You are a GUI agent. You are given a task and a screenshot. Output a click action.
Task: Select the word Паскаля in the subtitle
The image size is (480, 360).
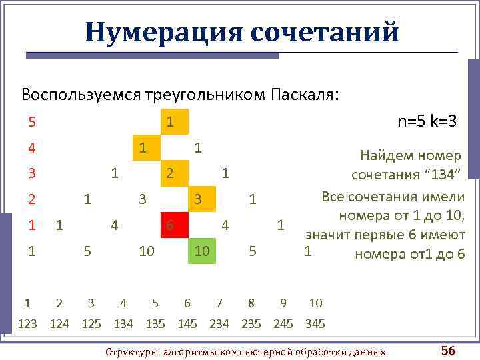[305, 94]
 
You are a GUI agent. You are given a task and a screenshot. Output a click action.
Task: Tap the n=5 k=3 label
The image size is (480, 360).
[426, 121]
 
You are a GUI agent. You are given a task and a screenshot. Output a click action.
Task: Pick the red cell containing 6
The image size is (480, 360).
[172, 225]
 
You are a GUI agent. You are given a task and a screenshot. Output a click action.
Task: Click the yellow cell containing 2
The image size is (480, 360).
[171, 173]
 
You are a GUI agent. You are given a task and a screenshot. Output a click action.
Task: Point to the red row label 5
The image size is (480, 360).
[31, 122]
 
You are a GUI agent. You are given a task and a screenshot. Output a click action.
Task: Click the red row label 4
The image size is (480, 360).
[31, 146]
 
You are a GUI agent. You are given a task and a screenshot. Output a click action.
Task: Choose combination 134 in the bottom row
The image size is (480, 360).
[123, 325]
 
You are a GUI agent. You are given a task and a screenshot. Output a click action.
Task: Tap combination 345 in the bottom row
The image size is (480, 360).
[314, 325]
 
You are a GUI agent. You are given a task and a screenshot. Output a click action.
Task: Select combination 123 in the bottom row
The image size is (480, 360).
[27, 325]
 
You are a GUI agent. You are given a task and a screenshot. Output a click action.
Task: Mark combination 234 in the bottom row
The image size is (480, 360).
[219, 325]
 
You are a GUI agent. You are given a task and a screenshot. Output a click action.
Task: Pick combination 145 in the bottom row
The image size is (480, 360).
[187, 325]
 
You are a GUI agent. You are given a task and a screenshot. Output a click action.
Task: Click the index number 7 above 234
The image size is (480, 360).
[219, 303]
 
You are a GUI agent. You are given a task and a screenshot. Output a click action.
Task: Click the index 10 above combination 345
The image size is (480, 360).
[315, 303]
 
